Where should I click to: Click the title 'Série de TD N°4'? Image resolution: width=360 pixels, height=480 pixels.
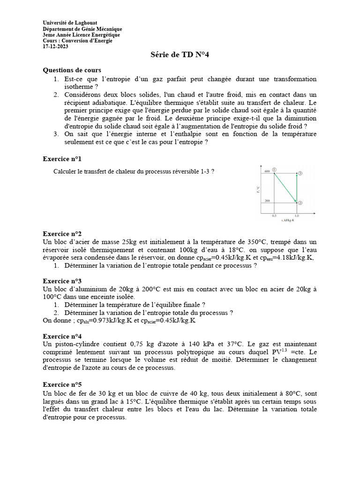click(180, 55)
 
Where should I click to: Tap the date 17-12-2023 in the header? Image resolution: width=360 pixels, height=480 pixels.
click(55, 46)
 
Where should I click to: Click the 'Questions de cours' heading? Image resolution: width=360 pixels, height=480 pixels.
click(72, 70)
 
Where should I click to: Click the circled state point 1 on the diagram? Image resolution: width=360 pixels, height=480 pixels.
click(275, 170)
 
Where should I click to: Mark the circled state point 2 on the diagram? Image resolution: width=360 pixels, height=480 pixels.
click(300, 202)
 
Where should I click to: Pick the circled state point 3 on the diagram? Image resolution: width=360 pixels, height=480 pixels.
click(300, 173)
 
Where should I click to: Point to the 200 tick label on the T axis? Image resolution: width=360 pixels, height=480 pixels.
click(267, 201)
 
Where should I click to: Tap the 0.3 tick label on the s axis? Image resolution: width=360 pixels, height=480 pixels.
click(274, 215)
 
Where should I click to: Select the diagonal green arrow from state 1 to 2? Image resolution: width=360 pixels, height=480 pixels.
click(285, 187)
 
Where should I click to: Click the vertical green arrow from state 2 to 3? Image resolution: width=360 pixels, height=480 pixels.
click(297, 187)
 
